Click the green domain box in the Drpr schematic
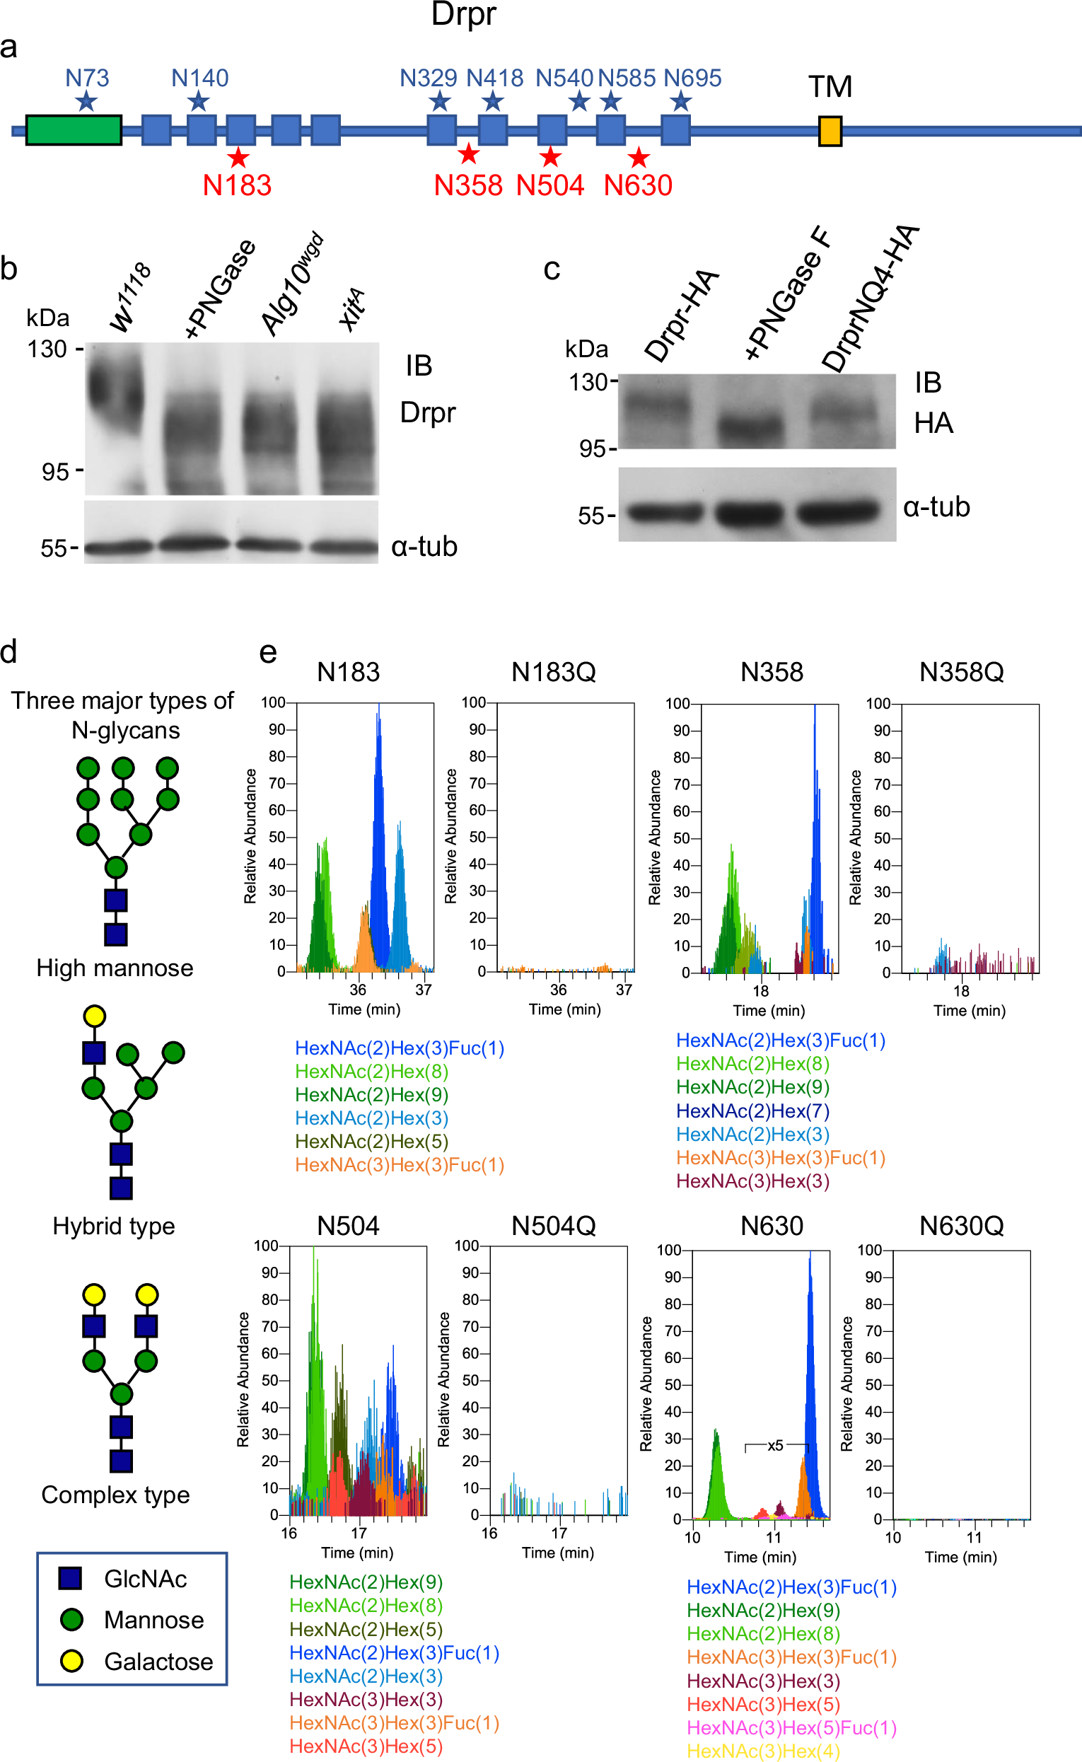tap(74, 129)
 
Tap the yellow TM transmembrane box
tap(830, 132)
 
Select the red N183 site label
tap(237, 185)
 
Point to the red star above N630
tap(639, 158)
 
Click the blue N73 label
tap(86, 77)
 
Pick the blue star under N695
tap(681, 102)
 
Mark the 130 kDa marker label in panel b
tap(47, 349)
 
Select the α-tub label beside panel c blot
tap(936, 506)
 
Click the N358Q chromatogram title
tap(961, 672)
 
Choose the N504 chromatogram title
tap(348, 1226)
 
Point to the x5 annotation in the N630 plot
tap(775, 1445)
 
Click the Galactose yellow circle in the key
tap(71, 1661)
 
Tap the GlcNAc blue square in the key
tap(70, 1578)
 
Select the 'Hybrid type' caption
tap(114, 1226)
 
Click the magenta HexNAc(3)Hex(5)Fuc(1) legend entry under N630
tap(791, 1727)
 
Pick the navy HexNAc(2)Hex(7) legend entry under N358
tap(752, 1111)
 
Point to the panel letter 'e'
tap(267, 652)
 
